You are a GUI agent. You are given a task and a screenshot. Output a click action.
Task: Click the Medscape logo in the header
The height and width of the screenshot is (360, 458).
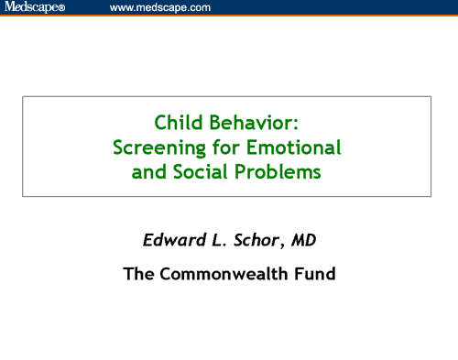(x=31, y=8)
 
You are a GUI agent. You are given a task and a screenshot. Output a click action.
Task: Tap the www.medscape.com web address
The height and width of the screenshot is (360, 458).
(x=159, y=8)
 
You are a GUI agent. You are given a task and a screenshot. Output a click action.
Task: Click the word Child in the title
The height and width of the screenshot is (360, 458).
(x=174, y=121)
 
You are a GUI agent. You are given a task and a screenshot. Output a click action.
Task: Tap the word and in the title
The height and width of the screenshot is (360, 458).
(x=149, y=171)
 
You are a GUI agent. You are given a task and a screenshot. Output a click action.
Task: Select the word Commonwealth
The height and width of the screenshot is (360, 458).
(x=224, y=272)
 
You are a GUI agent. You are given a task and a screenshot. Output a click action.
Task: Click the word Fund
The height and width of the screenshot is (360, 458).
(x=314, y=272)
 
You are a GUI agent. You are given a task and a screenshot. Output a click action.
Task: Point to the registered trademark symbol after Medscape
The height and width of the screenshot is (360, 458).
(x=61, y=9)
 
